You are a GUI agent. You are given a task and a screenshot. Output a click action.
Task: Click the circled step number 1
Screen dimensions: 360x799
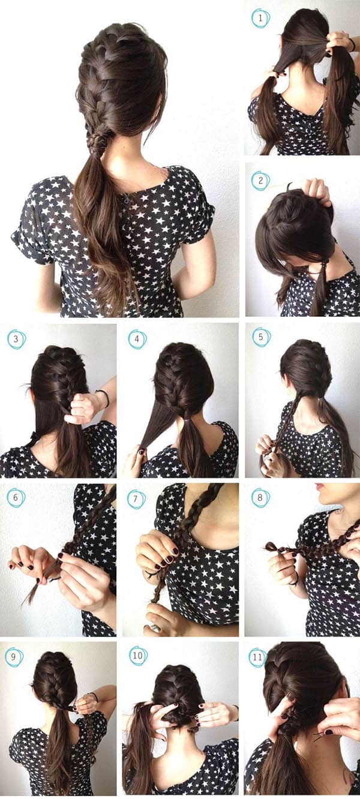coord(260,18)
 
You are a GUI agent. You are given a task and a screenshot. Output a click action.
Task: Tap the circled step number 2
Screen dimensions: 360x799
coord(260,181)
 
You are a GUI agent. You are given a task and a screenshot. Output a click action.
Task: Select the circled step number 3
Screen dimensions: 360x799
coord(16,338)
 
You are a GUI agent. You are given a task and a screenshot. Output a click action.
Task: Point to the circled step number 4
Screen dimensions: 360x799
coord(137,339)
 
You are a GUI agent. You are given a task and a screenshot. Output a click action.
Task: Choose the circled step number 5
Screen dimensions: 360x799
coord(261,337)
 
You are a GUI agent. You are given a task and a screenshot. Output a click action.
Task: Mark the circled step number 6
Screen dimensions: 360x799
coord(16,497)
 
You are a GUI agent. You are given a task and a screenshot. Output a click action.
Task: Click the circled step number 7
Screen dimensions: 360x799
coord(136,498)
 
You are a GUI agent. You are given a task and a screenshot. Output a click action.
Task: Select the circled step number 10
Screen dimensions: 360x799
coord(138,655)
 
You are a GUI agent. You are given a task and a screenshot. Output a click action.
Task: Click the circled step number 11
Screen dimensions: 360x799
coord(257,657)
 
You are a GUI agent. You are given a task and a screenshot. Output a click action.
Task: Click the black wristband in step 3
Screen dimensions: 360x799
coord(104,398)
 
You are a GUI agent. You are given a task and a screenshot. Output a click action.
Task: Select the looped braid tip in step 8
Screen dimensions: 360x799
coord(272,546)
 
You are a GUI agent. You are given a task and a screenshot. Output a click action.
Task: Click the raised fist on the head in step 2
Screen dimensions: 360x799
coord(317,191)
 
